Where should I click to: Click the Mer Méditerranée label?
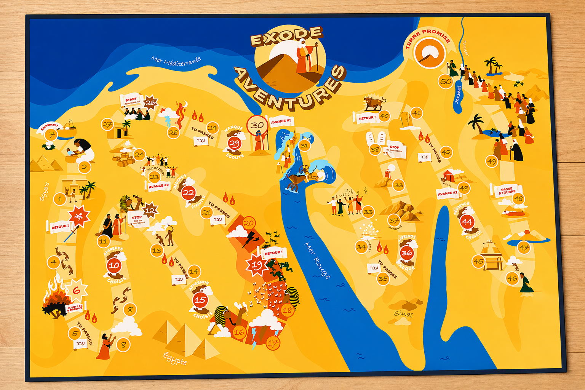point(176,61)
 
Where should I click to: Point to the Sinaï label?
point(403,314)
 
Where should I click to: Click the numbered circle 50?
point(446,81)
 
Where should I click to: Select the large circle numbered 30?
point(257,125)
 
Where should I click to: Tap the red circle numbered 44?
point(467,221)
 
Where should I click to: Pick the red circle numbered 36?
point(407,253)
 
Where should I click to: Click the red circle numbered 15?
point(200,300)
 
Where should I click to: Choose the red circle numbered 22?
point(189,193)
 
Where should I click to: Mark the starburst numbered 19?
point(257,265)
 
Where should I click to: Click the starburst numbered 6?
point(77,291)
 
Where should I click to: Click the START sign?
point(131,101)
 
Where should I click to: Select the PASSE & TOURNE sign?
point(506,190)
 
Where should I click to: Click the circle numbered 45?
point(478,261)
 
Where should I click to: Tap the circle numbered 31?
point(304,145)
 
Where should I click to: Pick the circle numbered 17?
point(273,344)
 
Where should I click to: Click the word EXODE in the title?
point(286,36)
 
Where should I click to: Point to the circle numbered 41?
point(417,113)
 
